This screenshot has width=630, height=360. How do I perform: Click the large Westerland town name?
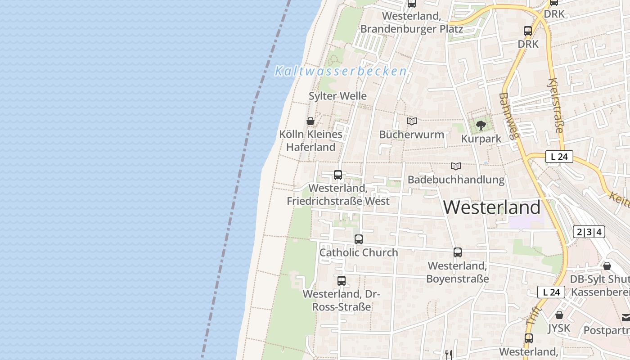pos(492,207)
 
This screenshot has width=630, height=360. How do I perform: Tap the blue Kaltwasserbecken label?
pos(341,71)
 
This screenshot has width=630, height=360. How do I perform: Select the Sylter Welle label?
pos(337,96)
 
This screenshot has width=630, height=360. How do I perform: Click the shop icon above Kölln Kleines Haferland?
pos(310,121)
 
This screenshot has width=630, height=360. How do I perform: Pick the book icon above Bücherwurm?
pos(411,121)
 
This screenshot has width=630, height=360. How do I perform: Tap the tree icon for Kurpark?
pos(481,125)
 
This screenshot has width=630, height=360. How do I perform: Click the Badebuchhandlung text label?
pos(456,180)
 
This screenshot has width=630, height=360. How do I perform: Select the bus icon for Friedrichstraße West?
pos(338,175)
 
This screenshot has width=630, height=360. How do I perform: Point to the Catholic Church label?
pos(359,252)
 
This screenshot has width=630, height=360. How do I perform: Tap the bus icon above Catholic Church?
pos(359,239)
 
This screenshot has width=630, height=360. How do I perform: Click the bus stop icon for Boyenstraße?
pos(458,252)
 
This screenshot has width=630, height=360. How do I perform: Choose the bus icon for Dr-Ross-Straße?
pos(342,281)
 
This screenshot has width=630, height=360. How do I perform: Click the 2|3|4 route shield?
pos(589,232)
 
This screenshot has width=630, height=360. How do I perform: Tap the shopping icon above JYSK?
pos(559,315)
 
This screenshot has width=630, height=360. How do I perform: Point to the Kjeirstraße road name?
pos(555,106)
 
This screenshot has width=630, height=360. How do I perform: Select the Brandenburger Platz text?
pos(411,29)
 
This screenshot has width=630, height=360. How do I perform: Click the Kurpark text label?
pos(481,139)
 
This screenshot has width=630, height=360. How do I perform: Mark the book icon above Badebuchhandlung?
pos(456,166)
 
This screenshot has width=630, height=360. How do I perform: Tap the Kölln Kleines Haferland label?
pos(310,140)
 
